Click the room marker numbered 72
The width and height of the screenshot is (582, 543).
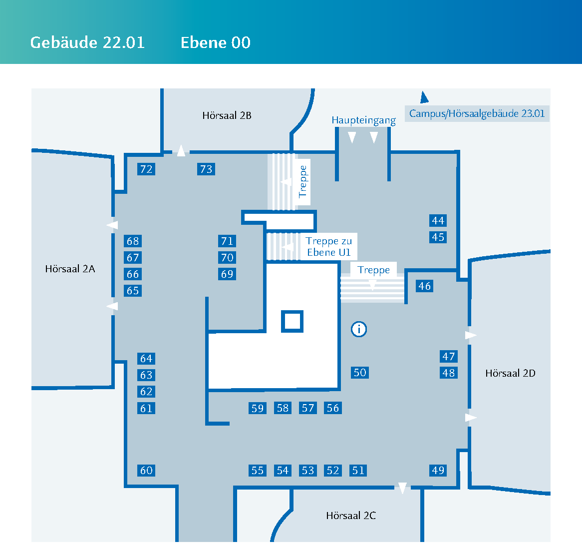[x=146, y=169]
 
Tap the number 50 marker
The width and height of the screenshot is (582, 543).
[x=360, y=373]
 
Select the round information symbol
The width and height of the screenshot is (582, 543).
[x=359, y=329]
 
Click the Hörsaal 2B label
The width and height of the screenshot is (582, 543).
[x=227, y=115]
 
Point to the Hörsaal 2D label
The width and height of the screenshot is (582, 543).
[x=510, y=373]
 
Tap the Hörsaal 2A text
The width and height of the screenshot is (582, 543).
[x=70, y=269]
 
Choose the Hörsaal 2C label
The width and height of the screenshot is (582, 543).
[x=351, y=516]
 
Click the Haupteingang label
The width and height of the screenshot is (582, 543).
[x=363, y=120]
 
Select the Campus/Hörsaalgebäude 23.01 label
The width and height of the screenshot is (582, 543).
[x=477, y=113]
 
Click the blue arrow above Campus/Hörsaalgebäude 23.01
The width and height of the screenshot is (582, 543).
[x=424, y=97]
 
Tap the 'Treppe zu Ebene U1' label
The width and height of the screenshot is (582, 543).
[x=328, y=247]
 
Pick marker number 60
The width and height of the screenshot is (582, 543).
[x=146, y=471]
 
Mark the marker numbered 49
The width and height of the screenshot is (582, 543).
[x=438, y=471]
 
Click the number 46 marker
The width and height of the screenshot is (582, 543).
[x=425, y=286]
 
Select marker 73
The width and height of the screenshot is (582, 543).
[x=206, y=169]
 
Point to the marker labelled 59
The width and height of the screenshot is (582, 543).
[x=258, y=409]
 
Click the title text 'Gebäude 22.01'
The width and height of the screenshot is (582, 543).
[x=87, y=42]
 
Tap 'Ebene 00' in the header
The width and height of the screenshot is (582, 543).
[x=216, y=42]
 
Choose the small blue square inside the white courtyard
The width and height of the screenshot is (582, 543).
[x=292, y=321]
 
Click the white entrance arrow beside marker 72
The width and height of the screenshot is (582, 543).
[x=181, y=150]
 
